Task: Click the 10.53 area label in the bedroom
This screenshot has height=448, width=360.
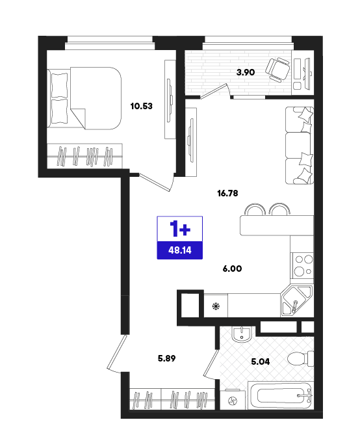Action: tap(141, 106)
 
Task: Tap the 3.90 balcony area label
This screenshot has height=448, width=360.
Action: tap(245, 72)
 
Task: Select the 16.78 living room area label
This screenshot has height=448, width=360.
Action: tap(227, 193)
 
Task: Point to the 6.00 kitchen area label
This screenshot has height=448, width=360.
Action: tap(232, 269)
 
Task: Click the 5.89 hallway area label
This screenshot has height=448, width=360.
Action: tap(167, 358)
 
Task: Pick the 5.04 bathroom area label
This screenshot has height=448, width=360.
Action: tap(260, 362)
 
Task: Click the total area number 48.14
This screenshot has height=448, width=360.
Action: tap(180, 250)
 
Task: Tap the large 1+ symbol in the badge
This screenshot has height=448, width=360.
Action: tap(180, 229)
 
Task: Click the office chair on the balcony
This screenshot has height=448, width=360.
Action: tap(277, 70)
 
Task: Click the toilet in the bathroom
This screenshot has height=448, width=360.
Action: tap(300, 358)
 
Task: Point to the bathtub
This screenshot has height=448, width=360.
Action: tap(281, 395)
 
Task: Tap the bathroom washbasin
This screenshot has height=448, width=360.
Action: tap(242, 334)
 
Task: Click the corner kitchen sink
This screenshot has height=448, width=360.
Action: tap(296, 300)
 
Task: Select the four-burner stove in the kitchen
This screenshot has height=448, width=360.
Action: tap(302, 266)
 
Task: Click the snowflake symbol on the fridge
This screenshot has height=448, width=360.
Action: tap(216, 306)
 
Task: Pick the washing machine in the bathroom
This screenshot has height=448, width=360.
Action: tap(233, 400)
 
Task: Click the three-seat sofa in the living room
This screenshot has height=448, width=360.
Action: tap(300, 146)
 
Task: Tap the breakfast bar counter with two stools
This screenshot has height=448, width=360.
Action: tap(277, 219)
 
